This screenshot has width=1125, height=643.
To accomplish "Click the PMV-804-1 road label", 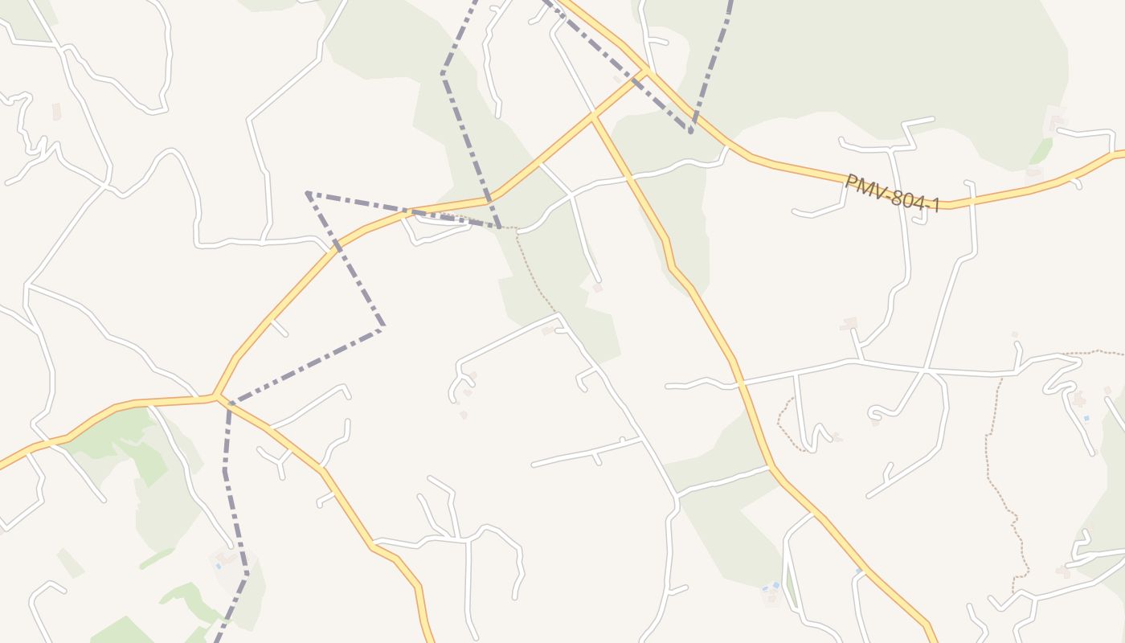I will tap(892, 194).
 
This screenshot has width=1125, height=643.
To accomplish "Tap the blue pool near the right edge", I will tap(1086, 418).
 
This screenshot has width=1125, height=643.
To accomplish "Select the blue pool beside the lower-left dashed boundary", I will tap(218, 566).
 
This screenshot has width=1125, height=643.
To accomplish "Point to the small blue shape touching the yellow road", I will tap(859, 570).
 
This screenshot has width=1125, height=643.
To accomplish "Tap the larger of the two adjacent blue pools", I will tap(775, 585).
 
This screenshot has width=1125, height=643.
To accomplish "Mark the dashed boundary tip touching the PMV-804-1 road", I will tap(691, 131).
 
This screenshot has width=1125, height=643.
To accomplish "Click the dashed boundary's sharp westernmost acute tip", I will tap(308, 193).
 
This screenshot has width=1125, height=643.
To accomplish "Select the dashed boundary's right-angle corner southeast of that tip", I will tap(382, 327).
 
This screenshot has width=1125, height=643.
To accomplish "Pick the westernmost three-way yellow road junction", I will tap(215, 396).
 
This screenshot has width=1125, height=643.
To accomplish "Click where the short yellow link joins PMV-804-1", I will tap(645, 72).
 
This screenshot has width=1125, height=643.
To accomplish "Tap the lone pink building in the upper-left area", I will tap(56, 111).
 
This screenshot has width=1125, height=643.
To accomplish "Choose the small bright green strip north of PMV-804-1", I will tap(1041, 150).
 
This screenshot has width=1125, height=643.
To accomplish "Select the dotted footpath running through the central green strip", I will tap(534, 273).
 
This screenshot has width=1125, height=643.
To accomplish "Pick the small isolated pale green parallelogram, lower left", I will tap(70, 563).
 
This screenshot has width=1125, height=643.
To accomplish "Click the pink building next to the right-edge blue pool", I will tap(1078, 399).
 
